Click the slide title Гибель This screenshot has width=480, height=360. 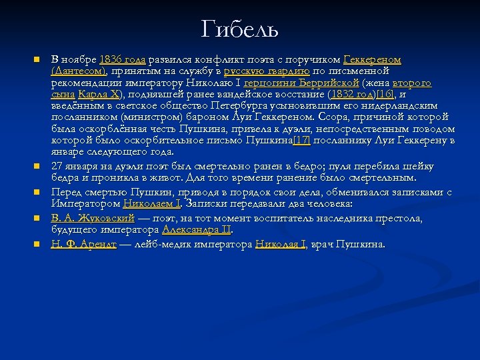click(239, 29)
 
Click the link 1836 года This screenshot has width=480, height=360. click(123, 60)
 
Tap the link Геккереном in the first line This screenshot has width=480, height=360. click(372, 60)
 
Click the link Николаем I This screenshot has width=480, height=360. click(152, 203)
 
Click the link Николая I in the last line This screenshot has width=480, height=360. click(281, 244)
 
